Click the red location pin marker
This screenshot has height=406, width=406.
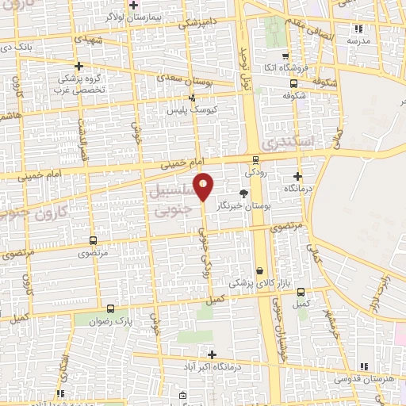pyautogui.click(x=204, y=187)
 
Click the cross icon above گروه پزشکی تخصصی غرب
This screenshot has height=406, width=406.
pyautogui.click(x=78, y=66)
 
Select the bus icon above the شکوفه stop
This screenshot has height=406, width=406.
pyautogui.click(x=294, y=82)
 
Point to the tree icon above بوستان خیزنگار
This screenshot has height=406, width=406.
pyautogui.click(x=243, y=193)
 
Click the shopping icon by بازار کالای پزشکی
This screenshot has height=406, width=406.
pyautogui.click(x=259, y=270)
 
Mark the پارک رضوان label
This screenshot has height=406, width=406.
pyautogui.click(x=110, y=323)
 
